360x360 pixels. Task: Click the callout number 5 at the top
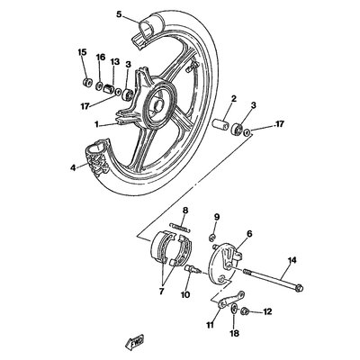(x=120, y=14)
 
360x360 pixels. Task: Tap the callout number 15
(x=82, y=52)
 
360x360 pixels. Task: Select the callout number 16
(x=101, y=57)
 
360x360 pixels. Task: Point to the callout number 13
(x=115, y=62)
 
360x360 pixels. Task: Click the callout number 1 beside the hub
(x=96, y=124)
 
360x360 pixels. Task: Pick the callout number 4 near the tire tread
(x=73, y=167)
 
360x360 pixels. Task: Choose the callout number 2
(x=234, y=98)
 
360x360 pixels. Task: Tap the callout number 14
(x=292, y=260)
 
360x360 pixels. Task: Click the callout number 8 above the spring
(x=185, y=211)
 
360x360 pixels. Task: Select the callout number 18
(x=235, y=333)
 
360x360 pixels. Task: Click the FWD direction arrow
(x=134, y=341)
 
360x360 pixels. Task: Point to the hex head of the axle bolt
(x=299, y=289)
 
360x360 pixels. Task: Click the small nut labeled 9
(x=211, y=238)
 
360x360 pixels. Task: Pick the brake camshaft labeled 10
(x=191, y=268)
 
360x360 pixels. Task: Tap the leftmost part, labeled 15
(x=87, y=82)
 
